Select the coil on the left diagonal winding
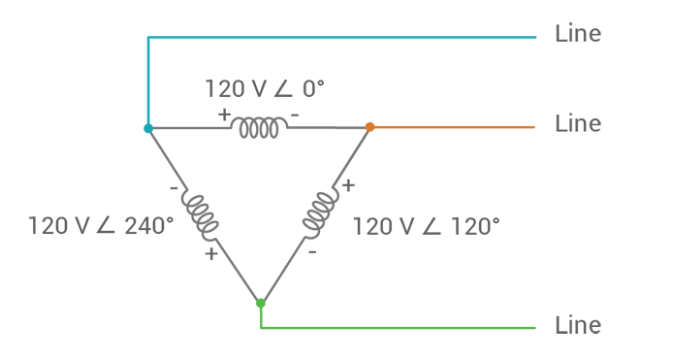point(203,214)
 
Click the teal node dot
point(147,128)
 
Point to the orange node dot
point(369,126)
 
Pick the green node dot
point(260,304)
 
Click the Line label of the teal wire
point(578,34)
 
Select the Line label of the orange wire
point(578,124)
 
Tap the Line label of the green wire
point(578,324)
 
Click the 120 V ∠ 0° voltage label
point(264,88)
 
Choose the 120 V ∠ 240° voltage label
point(101,226)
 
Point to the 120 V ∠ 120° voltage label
point(426,226)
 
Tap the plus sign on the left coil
point(211,255)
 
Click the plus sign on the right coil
point(348,183)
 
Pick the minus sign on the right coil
point(312,251)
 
